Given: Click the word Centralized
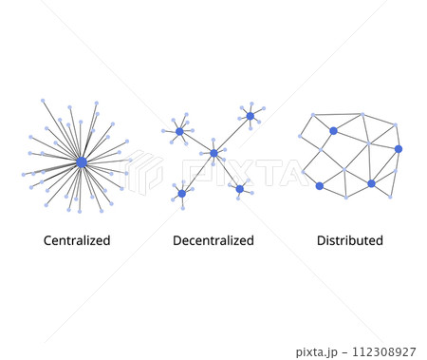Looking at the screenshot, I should pyautogui.click(x=77, y=240).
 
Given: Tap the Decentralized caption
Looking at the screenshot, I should pyautogui.click(x=213, y=240).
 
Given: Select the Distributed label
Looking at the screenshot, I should pyautogui.click(x=350, y=240).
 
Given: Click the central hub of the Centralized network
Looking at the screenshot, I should pyautogui.click(x=82, y=162).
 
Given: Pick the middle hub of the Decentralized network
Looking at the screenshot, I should pyautogui.click(x=213, y=153).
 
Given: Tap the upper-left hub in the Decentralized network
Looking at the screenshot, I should pyautogui.click(x=179, y=131).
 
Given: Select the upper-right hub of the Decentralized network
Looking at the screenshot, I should pyautogui.click(x=251, y=116).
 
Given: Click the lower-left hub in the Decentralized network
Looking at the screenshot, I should pyautogui.click(x=181, y=194).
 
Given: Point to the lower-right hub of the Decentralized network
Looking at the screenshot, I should pyautogui.click(x=239, y=189).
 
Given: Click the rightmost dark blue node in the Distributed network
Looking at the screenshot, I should pyautogui.click(x=399, y=149).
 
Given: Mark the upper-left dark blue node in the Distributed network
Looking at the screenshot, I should pyautogui.click(x=333, y=130).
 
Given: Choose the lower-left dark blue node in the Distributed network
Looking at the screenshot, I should pyautogui.click(x=319, y=185).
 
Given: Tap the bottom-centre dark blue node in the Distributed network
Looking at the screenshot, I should pyautogui.click(x=371, y=183).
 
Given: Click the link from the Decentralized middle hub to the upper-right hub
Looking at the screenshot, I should pyautogui.click(x=232, y=134).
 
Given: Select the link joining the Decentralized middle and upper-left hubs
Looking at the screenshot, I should pyautogui.click(x=196, y=142).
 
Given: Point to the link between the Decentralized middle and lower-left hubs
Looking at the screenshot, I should pyautogui.click(x=197, y=174).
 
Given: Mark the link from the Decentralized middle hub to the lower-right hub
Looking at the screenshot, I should pyautogui.click(x=226, y=171).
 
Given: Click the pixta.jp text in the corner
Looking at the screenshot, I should pyautogui.click(x=317, y=351).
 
